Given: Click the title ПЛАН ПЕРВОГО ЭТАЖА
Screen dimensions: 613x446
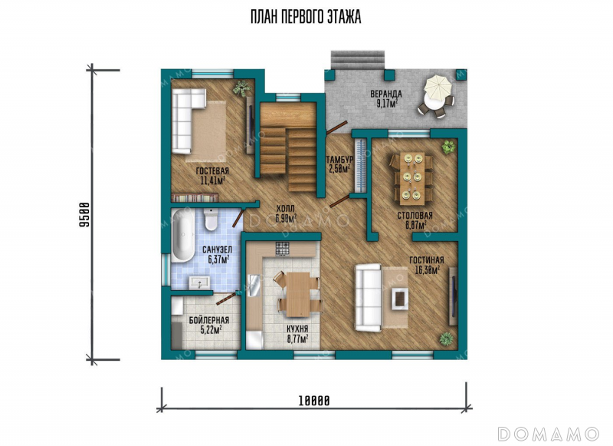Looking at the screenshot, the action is click(306, 17).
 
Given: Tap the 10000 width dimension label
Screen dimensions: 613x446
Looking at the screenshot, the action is click(314, 401).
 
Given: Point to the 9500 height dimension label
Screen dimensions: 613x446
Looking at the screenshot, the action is click(84, 215).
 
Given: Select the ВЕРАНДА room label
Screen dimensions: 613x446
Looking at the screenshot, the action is click(386, 94).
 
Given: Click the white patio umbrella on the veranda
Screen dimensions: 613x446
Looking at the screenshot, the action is click(438, 87).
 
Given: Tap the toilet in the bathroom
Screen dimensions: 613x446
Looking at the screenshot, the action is click(211, 220).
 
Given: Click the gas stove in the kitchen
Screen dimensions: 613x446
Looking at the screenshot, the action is click(283, 248).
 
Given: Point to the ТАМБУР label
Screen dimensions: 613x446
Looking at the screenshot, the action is click(339, 160).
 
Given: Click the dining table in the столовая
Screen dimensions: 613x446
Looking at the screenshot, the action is click(412, 178).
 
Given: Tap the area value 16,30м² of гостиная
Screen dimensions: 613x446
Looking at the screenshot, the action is click(427, 269).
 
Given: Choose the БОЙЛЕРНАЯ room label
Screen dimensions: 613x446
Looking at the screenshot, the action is click(209, 320).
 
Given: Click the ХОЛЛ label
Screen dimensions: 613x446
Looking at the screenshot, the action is click(285, 209).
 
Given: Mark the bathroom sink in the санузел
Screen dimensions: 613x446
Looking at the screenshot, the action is click(199, 282).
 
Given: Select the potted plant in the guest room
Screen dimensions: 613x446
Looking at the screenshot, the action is click(242, 88).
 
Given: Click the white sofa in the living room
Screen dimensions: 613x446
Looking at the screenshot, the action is click(368, 298).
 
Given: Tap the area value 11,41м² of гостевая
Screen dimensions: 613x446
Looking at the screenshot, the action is click(212, 180).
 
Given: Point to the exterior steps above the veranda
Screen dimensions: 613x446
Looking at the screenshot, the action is click(358, 60).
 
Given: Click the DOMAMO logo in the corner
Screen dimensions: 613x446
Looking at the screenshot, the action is click(548, 434).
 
